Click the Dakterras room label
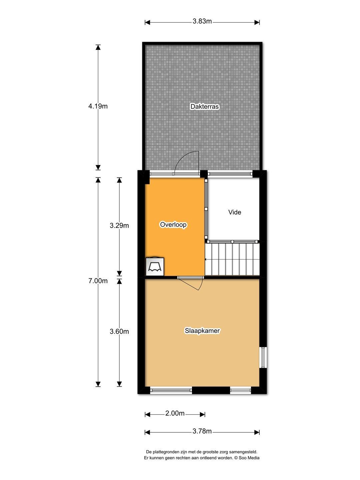[204, 106]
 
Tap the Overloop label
[173, 225]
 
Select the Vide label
[235, 212]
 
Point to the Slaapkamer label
[202, 331]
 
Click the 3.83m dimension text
[202, 21]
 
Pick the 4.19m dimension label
[98, 106]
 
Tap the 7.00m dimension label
[98, 281]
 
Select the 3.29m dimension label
[119, 225]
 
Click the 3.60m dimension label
[119, 332]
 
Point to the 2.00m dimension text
[175, 413]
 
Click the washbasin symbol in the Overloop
[155, 266]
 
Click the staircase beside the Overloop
[232, 259]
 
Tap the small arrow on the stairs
[206, 260]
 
